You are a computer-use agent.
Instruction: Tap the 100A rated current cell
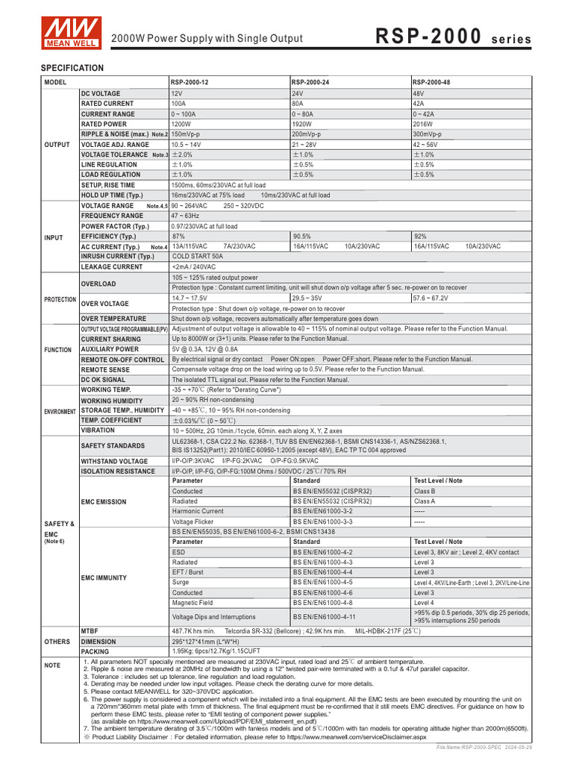pyautogui.click(x=178, y=104)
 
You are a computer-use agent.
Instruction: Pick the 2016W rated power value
pyautogui.click(x=423, y=124)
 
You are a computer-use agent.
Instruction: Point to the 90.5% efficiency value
pyautogui.click(x=302, y=236)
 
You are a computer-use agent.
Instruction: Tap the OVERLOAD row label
pyautogui.click(x=98, y=284)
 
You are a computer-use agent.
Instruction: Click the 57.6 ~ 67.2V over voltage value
pyautogui.click(x=432, y=298)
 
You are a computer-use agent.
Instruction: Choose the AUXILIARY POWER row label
pyautogui.click(x=110, y=349)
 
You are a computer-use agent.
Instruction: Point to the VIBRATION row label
pyautogui.click(x=98, y=430)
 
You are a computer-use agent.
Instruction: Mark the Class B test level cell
pyautogui.click(x=425, y=492)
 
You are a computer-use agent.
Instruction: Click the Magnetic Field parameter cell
pyautogui.click(x=192, y=602)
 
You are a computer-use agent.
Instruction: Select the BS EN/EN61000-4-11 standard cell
pyautogui.click(x=324, y=617)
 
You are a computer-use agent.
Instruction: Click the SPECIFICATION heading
pyautogui.click(x=72, y=68)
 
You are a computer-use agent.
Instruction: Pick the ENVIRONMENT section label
pyautogui.click(x=60, y=411)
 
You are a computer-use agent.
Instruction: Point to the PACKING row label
pyautogui.click(x=95, y=651)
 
